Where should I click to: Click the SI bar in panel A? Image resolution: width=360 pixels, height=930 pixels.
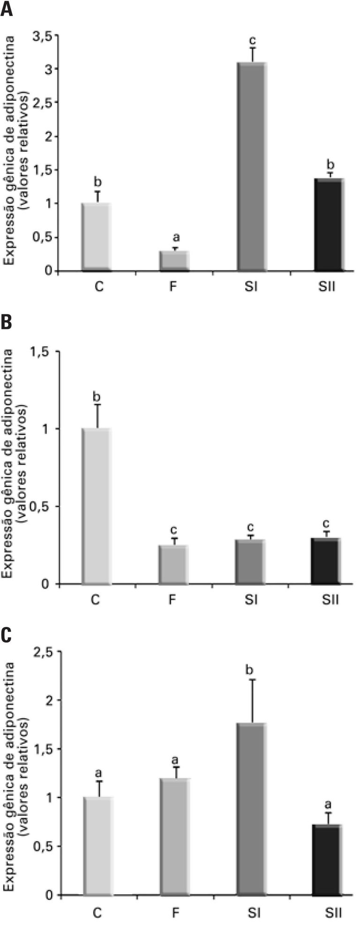tap(251, 166)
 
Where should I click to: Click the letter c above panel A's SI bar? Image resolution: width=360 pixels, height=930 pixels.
tap(252, 39)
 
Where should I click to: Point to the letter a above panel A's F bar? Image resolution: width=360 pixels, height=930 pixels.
tap(176, 238)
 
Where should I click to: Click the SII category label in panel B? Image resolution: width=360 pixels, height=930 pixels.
tap(328, 600)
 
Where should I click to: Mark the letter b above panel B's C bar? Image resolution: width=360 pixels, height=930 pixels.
tap(97, 396)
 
